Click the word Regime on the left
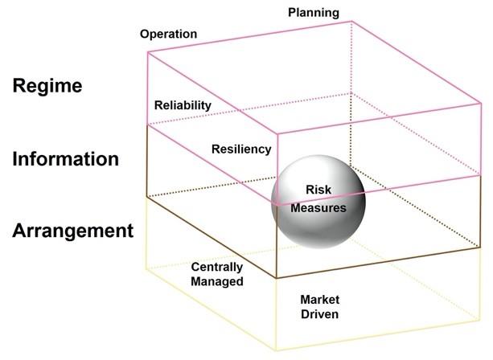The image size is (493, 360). pyautogui.click(x=47, y=86)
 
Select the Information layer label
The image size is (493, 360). pyautogui.click(x=66, y=158)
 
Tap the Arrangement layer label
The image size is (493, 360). pyautogui.click(x=72, y=231)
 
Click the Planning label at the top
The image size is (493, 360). pyautogui.click(x=314, y=13)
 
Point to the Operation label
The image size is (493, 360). pyautogui.click(x=168, y=35)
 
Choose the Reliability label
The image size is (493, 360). pyautogui.click(x=183, y=105)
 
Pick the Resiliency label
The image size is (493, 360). pyautogui.click(x=241, y=149)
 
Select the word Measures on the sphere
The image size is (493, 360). pyautogui.click(x=318, y=208)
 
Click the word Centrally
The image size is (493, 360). pyautogui.click(x=216, y=267)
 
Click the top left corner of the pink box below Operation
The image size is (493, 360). pyautogui.click(x=147, y=52)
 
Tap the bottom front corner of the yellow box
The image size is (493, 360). pyautogui.click(x=276, y=351)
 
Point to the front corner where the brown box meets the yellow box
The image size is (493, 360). pyautogui.click(x=276, y=278)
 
